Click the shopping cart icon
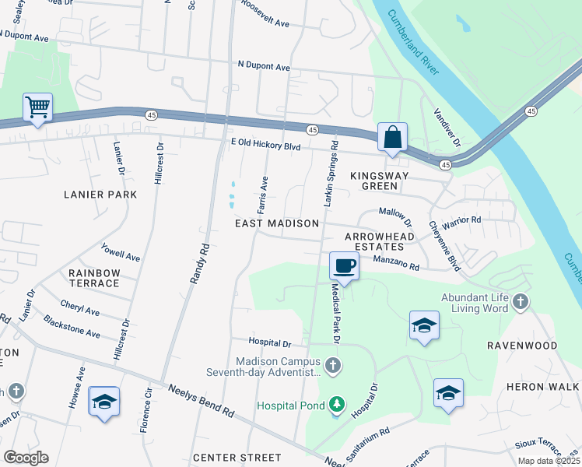[x=37, y=107]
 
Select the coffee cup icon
[x=344, y=266]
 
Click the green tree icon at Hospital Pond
[x=336, y=403]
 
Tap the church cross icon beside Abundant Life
[x=520, y=301]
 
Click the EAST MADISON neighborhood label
[x=277, y=223]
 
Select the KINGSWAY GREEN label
[x=380, y=181]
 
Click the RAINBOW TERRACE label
[x=94, y=278]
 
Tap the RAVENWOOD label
[x=522, y=345]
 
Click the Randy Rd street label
[x=199, y=264]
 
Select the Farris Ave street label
[x=263, y=195]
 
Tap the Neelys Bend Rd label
[x=199, y=398]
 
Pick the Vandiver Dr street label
[x=447, y=128]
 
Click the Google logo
[x=26, y=458]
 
